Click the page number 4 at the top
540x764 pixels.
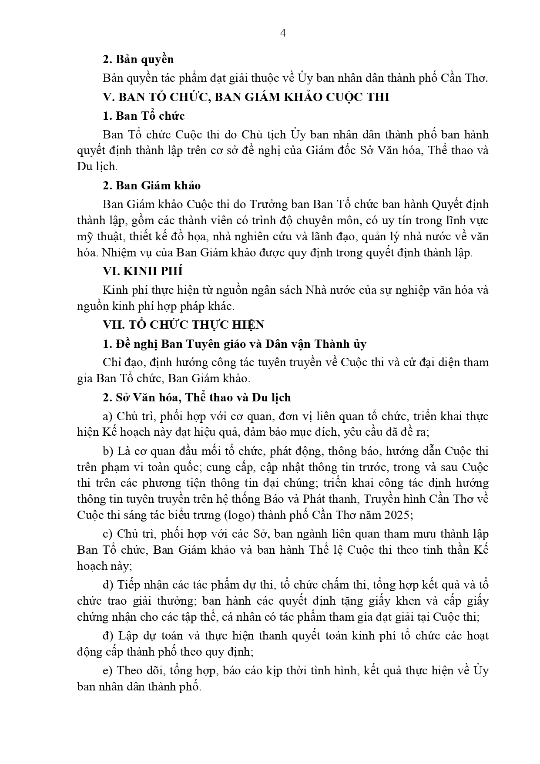pos(283,34)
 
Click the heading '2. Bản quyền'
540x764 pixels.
pos(138,59)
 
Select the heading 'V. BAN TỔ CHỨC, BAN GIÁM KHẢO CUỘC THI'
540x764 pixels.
pos(246,97)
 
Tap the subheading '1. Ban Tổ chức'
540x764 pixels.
pos(144,116)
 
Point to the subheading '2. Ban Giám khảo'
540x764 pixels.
pos(151,185)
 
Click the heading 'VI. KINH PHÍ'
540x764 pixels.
pos(143,271)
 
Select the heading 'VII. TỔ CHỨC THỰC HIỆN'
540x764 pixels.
pos(183,325)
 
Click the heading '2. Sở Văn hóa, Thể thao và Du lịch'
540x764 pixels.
pos(197,397)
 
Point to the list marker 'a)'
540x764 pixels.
pos(108,417)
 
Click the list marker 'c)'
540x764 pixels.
pos(108,534)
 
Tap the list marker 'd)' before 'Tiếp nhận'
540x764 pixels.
pos(108,585)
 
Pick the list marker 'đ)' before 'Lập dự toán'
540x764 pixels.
pos(108,636)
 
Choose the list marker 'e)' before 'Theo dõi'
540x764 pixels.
pos(108,670)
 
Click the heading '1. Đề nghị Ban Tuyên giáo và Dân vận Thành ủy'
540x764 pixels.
pos(235,344)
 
